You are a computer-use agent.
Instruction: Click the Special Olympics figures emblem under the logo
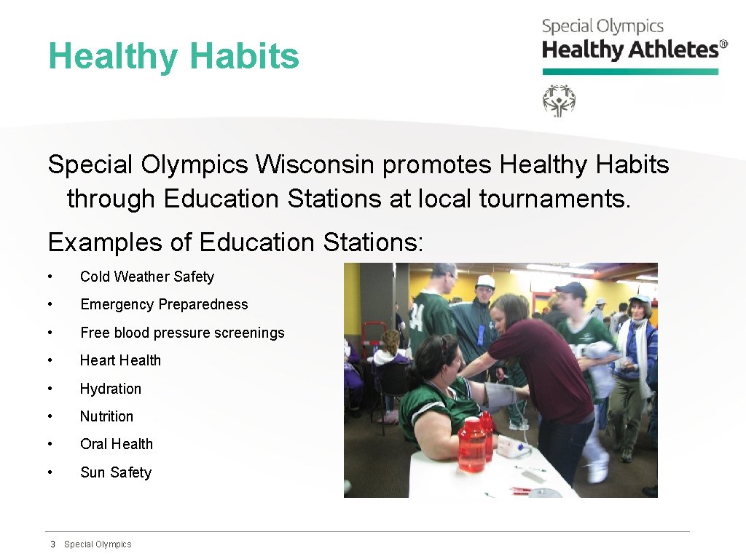click(559, 100)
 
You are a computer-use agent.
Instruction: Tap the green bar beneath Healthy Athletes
click(630, 71)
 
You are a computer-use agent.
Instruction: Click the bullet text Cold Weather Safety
click(146, 277)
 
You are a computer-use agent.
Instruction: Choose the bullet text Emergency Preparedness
click(164, 305)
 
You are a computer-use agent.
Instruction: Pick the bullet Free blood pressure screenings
click(182, 333)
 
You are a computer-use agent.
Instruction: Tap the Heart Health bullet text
click(120, 360)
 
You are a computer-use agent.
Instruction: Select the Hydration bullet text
click(111, 389)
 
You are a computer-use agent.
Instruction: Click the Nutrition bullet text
click(106, 416)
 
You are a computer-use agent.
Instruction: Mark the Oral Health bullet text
click(117, 444)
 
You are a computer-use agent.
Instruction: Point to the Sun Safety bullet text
click(116, 472)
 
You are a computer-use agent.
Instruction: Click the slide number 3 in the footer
click(52, 544)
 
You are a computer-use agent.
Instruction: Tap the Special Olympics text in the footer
click(98, 544)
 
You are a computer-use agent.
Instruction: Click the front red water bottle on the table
click(471, 445)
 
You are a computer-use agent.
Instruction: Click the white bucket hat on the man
click(485, 281)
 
